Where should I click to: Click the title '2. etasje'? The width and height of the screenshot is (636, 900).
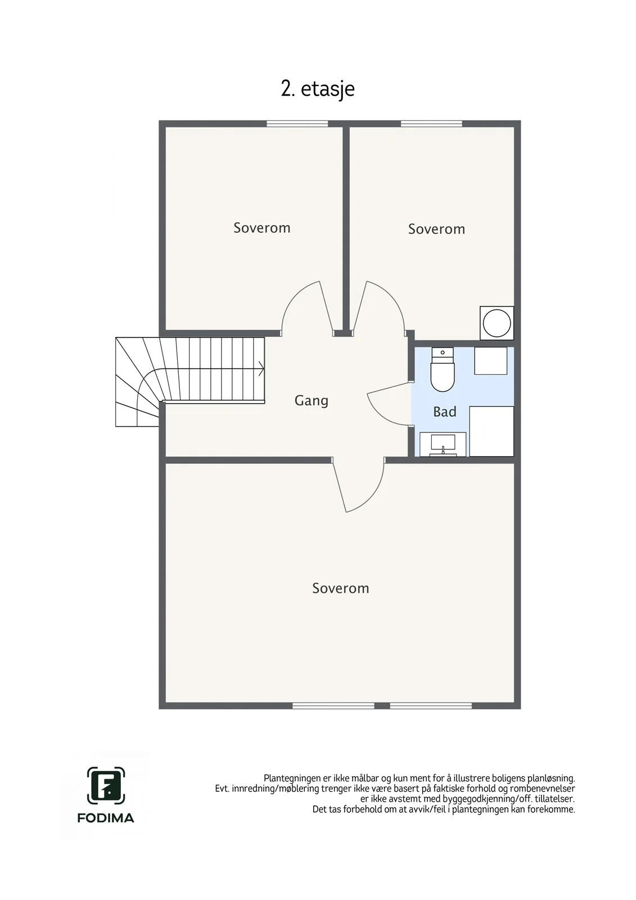point(317,89)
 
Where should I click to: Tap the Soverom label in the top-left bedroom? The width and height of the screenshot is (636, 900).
point(262,228)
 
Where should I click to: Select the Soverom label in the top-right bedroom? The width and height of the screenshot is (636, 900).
point(436,229)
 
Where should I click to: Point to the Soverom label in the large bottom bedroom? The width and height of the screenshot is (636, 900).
point(340,588)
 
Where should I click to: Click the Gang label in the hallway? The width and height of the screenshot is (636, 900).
point(312,400)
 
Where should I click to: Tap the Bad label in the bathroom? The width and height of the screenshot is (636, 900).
point(445,412)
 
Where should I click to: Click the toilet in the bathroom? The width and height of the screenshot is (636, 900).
point(443,369)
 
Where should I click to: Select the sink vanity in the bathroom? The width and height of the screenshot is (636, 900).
point(443,444)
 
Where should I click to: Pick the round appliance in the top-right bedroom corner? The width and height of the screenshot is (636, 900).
point(497,323)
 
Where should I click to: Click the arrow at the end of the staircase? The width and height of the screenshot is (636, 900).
point(261,368)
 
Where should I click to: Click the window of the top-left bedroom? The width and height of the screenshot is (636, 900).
point(297,124)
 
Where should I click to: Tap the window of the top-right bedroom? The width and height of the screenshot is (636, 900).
point(431,124)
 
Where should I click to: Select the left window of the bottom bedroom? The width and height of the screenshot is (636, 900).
point(333,705)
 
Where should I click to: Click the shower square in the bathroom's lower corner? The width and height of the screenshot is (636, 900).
point(491,431)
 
